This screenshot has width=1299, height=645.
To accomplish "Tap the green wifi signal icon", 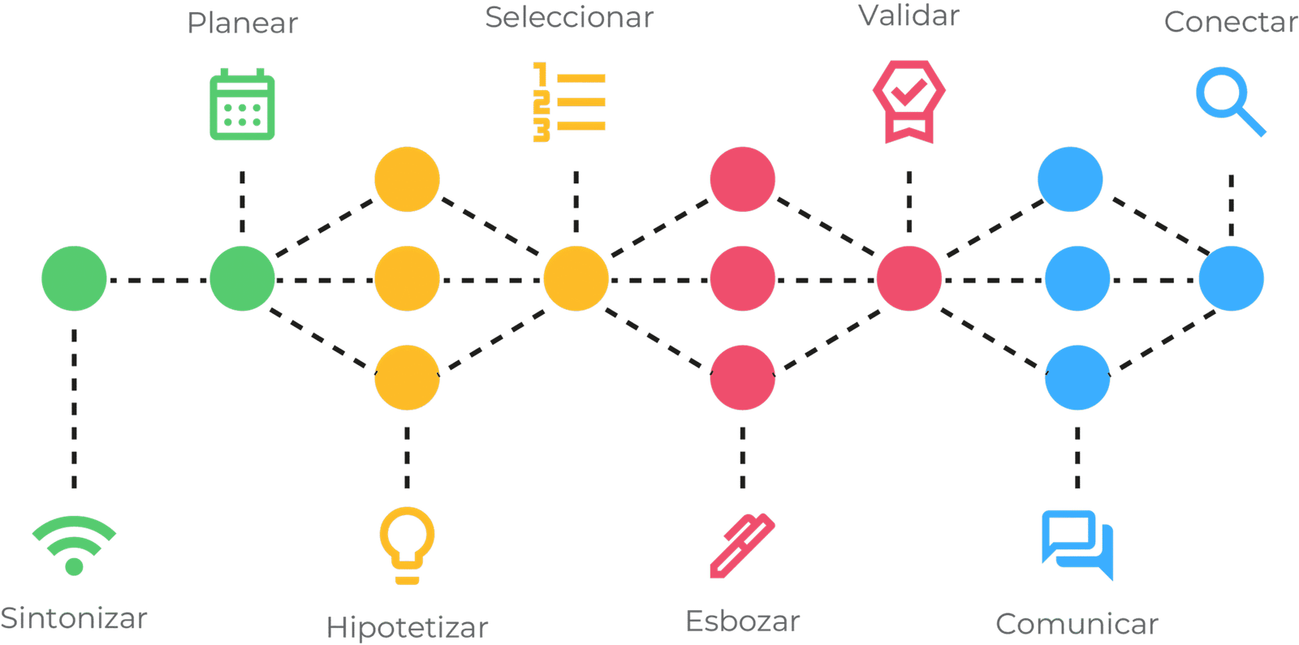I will (74, 545).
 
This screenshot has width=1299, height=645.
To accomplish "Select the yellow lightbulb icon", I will (407, 545).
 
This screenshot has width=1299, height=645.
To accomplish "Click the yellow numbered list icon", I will (569, 102).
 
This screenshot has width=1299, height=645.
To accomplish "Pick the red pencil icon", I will (742, 545).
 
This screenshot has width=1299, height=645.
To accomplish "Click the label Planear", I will (242, 23).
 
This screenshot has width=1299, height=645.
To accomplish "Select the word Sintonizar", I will (74, 619).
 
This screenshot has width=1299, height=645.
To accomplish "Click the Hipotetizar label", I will (407, 627).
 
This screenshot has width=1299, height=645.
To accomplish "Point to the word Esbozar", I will (742, 621).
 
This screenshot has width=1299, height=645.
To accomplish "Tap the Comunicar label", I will (1077, 624).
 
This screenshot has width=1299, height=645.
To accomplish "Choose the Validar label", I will (909, 15).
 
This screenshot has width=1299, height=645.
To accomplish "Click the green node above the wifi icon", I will (74, 278).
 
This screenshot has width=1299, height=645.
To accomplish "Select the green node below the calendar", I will (242, 278).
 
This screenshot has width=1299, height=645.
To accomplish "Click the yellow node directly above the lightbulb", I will (407, 377).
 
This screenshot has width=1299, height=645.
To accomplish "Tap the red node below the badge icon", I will (908, 278).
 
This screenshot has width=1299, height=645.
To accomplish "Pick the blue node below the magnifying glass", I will (1231, 278).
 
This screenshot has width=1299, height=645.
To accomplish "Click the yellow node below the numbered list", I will (576, 278).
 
